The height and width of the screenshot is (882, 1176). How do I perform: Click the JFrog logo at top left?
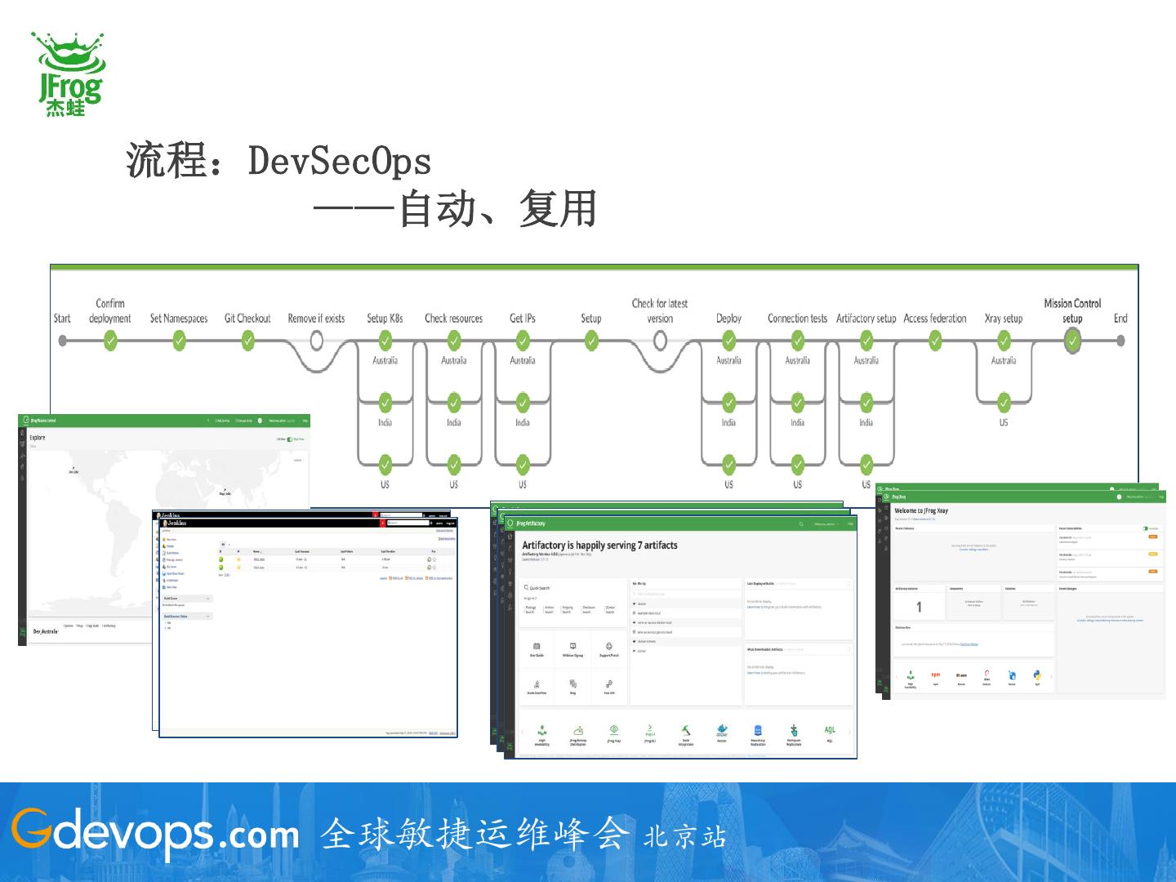(x=69, y=74)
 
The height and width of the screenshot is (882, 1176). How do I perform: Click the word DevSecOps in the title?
(x=339, y=160)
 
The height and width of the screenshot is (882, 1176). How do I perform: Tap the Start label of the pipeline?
(x=62, y=318)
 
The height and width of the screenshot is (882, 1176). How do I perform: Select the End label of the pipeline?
(x=1120, y=318)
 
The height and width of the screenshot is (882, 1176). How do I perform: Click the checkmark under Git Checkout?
(x=247, y=341)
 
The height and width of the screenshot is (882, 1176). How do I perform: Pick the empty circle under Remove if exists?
(x=316, y=341)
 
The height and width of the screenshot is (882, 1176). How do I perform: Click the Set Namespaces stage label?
(x=179, y=318)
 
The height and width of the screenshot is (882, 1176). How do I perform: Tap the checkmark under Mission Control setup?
(x=1072, y=341)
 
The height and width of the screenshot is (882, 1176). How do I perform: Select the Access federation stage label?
(x=935, y=318)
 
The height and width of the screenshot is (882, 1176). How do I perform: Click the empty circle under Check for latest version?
(x=660, y=341)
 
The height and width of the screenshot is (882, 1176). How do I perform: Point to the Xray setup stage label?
(x=1004, y=318)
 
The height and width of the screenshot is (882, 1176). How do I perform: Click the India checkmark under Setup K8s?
(x=385, y=402)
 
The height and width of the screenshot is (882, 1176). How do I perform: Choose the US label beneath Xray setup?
(x=1004, y=423)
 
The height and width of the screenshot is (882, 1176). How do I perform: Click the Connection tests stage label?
(x=797, y=318)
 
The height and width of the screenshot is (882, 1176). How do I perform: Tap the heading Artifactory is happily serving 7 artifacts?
(x=599, y=545)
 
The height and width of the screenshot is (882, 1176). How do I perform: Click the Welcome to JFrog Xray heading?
(x=921, y=510)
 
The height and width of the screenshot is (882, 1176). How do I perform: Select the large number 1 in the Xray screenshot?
(x=919, y=607)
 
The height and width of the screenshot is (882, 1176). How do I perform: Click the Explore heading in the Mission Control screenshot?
(x=38, y=438)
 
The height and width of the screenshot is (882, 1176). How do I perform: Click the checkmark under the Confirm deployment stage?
(x=110, y=341)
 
